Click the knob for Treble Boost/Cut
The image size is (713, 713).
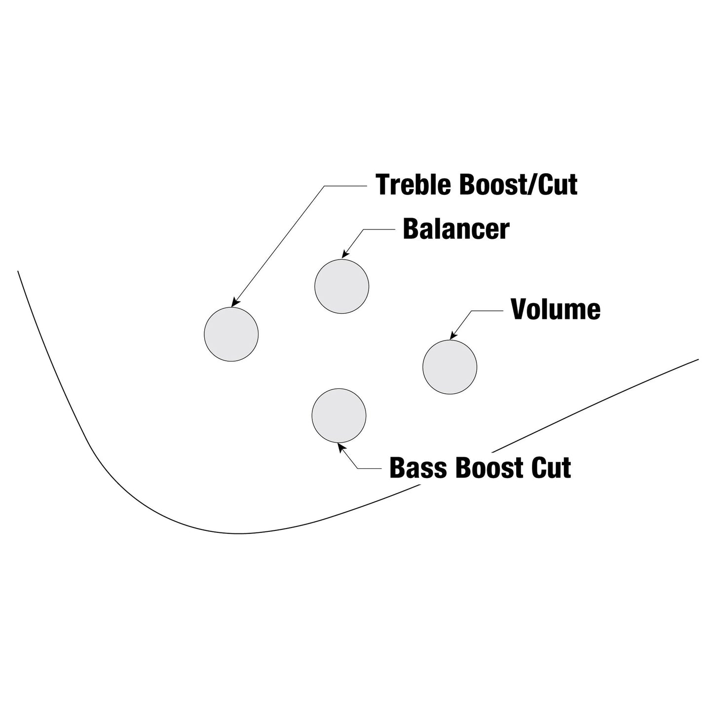(x=231, y=334)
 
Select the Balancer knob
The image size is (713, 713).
(x=341, y=286)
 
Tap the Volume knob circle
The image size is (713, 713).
(x=450, y=367)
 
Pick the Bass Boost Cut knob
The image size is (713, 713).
(x=339, y=415)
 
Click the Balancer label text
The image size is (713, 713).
(x=456, y=229)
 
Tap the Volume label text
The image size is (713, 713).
(x=555, y=309)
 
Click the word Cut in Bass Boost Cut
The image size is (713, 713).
(x=551, y=468)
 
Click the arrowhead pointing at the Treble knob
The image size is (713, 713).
(x=234, y=302)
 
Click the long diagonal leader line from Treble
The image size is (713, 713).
(x=278, y=246)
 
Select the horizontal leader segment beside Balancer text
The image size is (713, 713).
(x=379, y=229)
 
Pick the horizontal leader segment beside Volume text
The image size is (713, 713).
(x=488, y=311)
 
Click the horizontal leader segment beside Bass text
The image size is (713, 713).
(x=369, y=469)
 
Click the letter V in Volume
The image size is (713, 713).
(x=519, y=309)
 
